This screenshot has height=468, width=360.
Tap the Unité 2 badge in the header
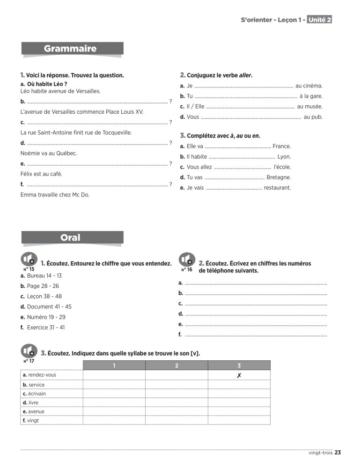[320, 20]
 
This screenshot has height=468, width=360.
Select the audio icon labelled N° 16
[187, 260]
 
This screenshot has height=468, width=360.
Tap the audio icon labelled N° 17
[29, 351]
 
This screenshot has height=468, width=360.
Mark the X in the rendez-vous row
[239, 375]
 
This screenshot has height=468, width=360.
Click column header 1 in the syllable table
[114, 366]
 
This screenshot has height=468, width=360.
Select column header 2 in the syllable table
[176, 366]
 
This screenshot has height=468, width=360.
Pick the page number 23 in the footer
[338, 452]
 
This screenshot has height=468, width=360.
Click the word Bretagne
[279, 177]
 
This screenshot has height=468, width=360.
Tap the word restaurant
[277, 188]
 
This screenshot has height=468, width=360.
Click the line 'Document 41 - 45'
[49, 307]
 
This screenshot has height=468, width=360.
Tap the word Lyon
[284, 157]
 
